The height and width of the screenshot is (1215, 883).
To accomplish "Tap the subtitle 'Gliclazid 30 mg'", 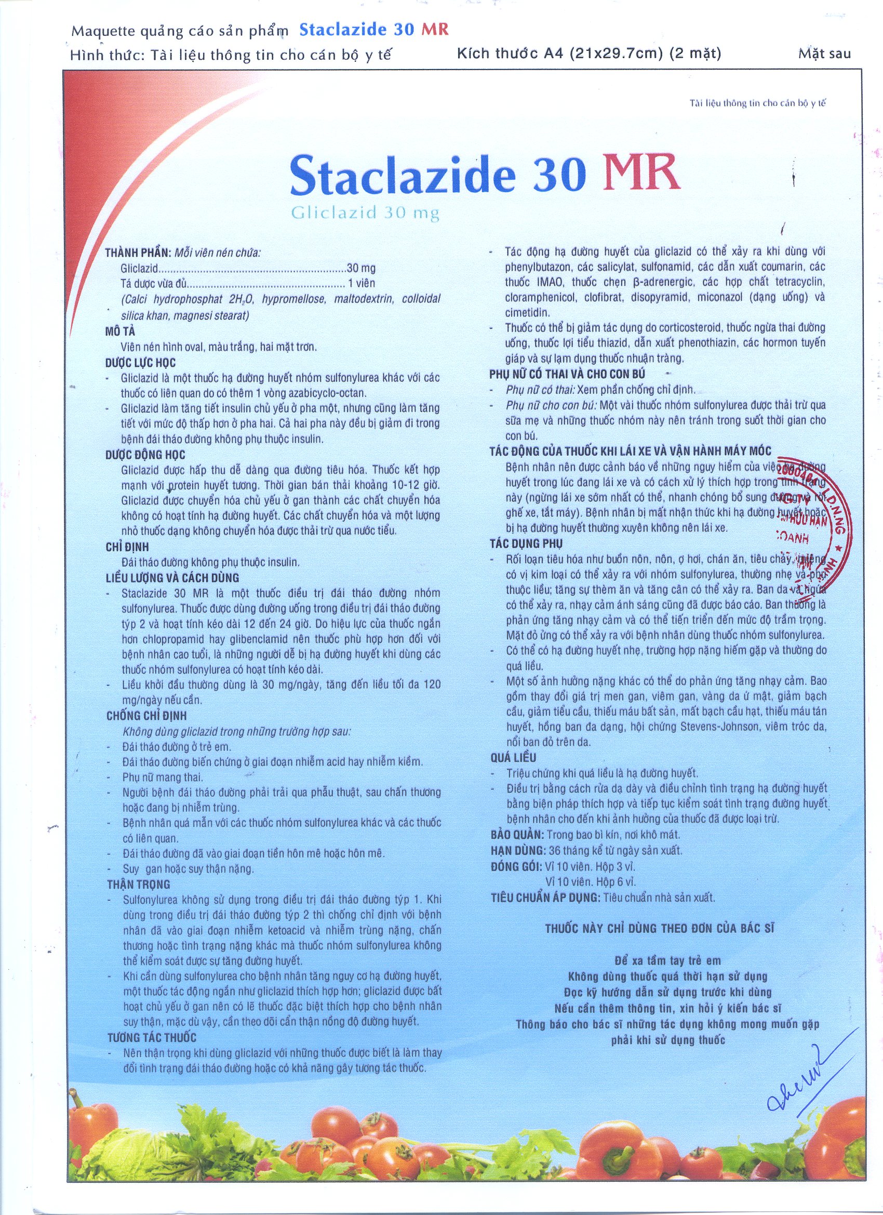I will pos(366,213).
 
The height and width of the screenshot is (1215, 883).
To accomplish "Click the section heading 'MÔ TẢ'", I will pos(120,331).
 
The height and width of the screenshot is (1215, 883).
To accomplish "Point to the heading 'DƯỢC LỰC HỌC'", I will pos(140,363).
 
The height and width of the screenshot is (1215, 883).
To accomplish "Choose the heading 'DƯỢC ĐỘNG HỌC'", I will pos(145,455).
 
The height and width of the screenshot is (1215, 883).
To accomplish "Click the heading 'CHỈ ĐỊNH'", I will pos(127,547).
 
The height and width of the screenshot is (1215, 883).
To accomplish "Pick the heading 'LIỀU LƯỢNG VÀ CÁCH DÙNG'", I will pos(172,578).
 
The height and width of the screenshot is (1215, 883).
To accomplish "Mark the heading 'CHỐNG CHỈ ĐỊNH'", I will pos(146,716).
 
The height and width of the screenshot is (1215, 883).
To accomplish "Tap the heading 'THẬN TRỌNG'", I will pos(138,885).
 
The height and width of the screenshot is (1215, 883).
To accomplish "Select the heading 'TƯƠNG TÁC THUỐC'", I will pos(152,1038).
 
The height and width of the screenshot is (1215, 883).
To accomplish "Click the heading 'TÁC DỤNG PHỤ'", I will pos(526,543).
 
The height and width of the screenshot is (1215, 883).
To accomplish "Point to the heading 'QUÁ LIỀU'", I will pos(513,757).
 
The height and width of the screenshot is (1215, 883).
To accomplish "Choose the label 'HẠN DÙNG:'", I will pos(517,850).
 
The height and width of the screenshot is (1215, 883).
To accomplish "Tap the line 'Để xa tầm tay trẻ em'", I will pos(667,961).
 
